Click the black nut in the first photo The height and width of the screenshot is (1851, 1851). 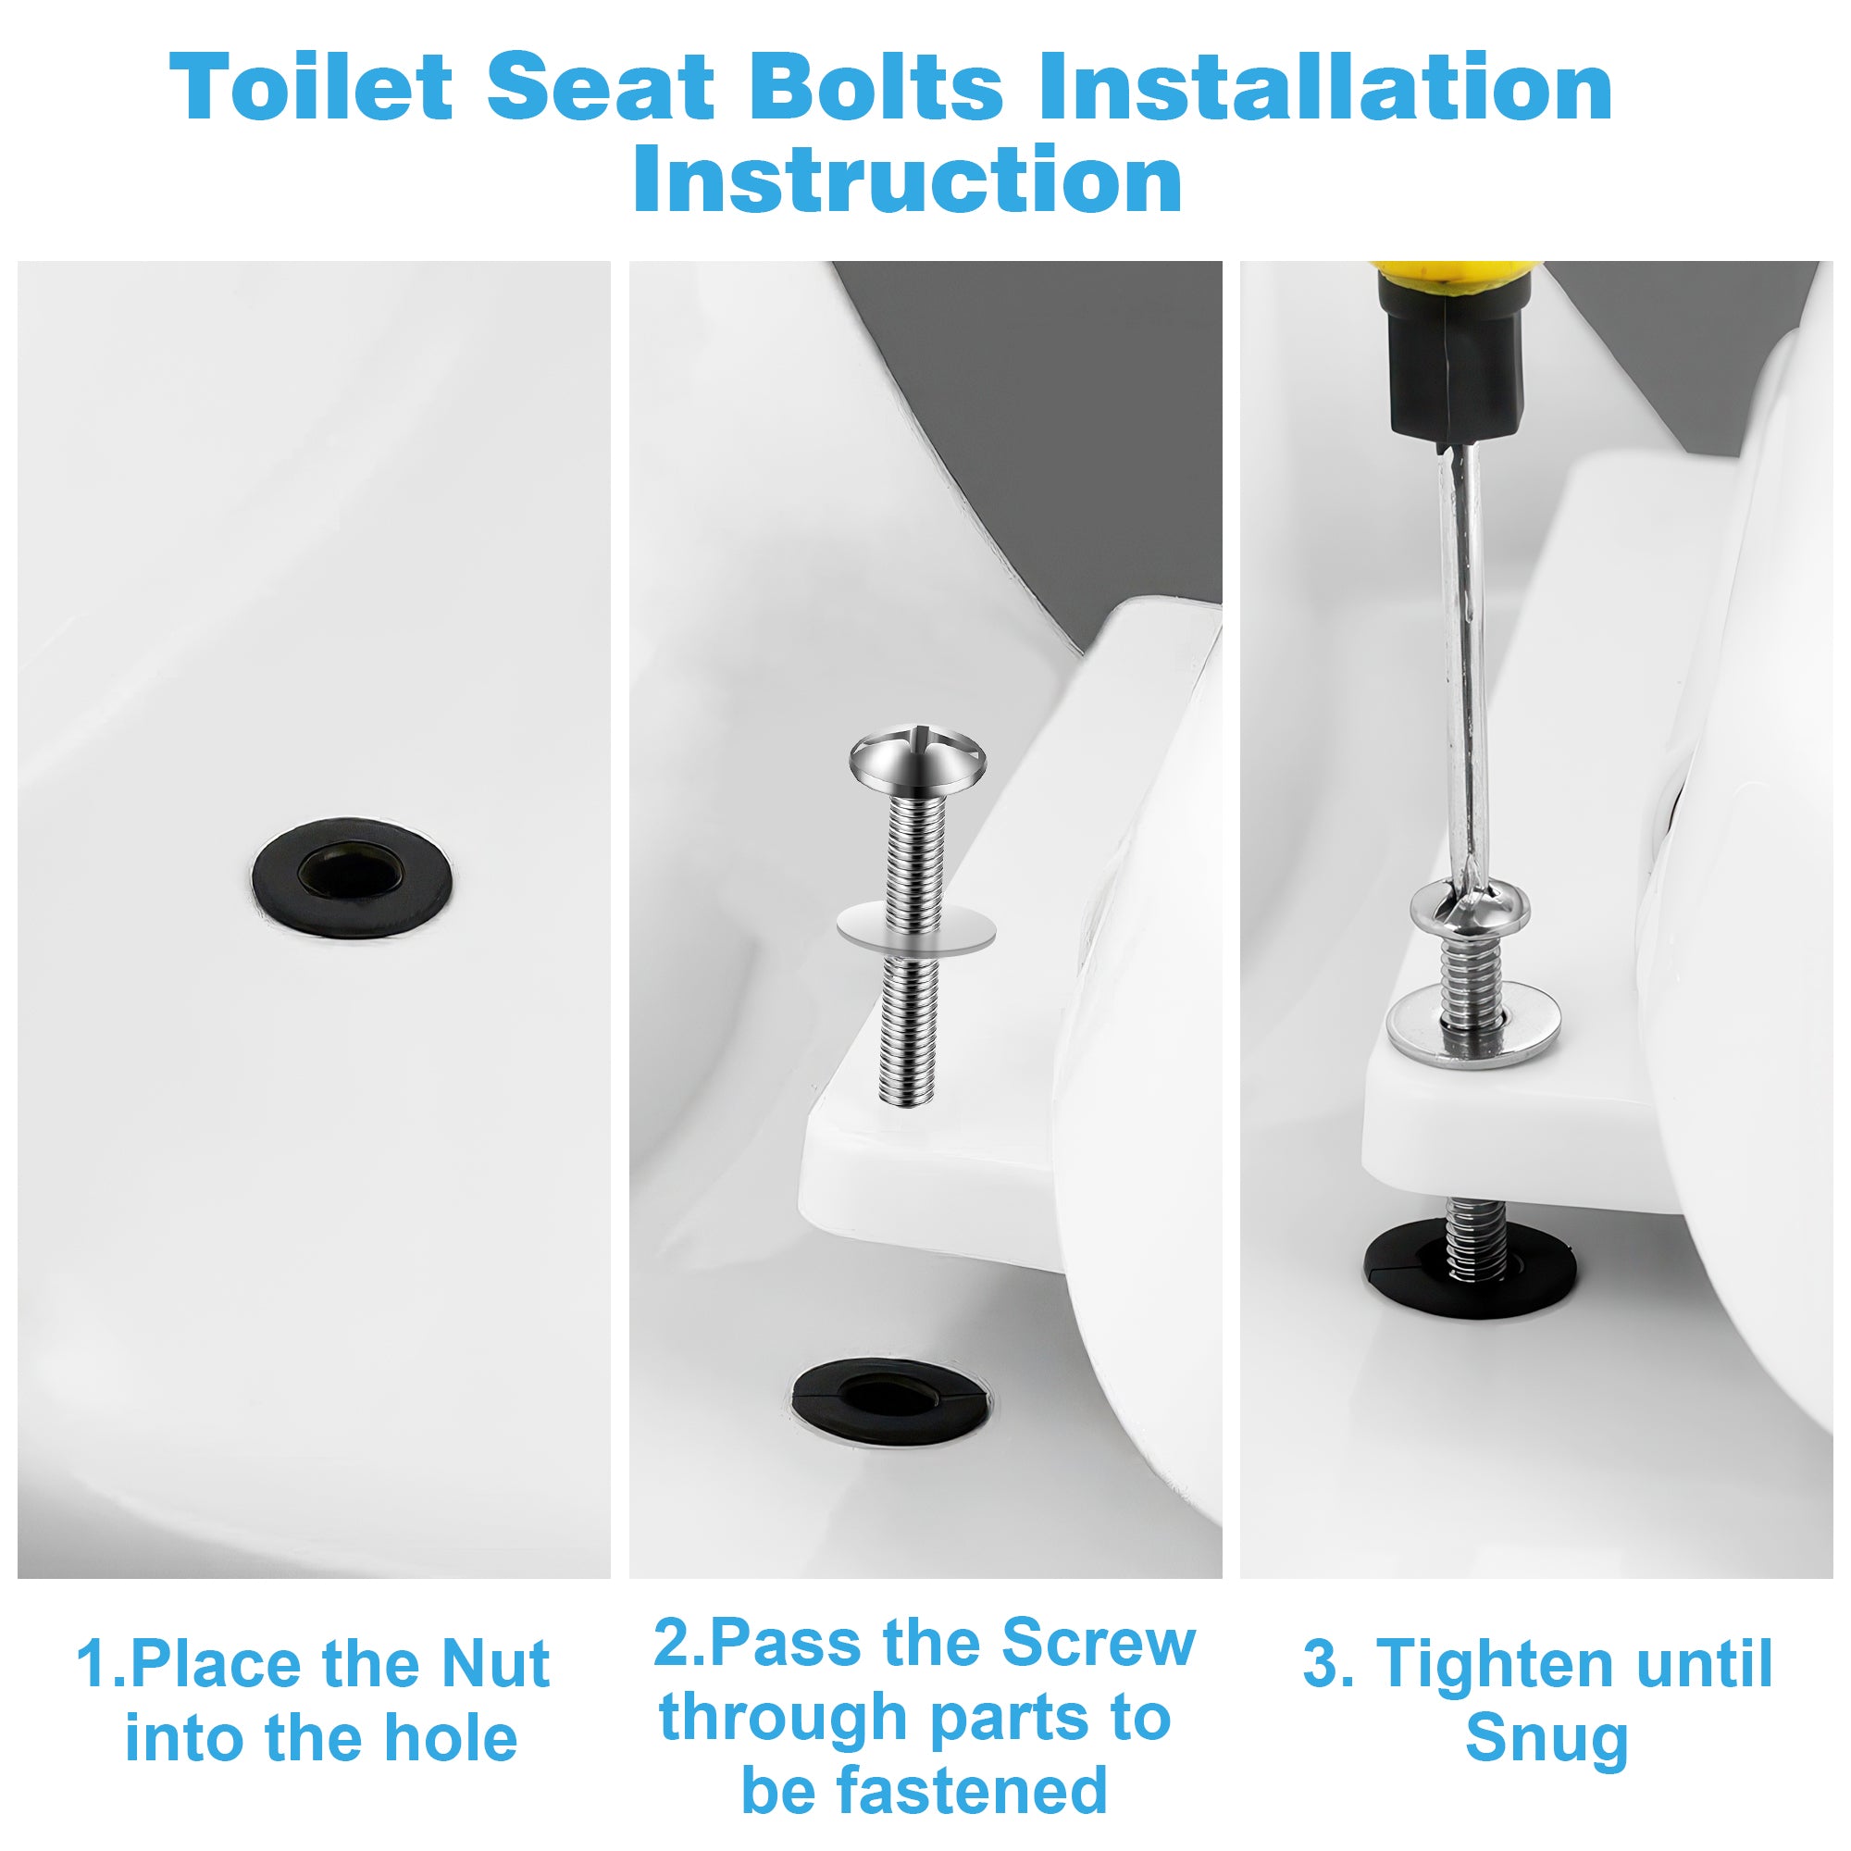pos(352,876)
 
